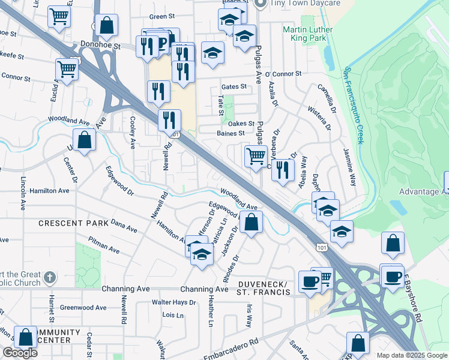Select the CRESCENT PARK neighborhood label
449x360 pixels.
click(74, 223)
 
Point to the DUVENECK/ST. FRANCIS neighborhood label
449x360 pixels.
click(264, 287)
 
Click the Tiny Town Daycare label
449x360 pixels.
click(306, 4)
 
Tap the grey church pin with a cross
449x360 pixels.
click(50, 278)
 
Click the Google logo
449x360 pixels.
click(20, 353)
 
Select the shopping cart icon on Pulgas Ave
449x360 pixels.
click(256, 157)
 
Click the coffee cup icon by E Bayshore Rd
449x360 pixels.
click(393, 277)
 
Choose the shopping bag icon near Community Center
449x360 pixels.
click(25, 338)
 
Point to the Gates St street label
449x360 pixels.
click(234, 86)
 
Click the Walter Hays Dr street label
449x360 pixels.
click(173, 302)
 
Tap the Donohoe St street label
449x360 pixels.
click(100, 45)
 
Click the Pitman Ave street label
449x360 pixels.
click(104, 247)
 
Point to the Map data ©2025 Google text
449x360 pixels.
click(411, 355)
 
